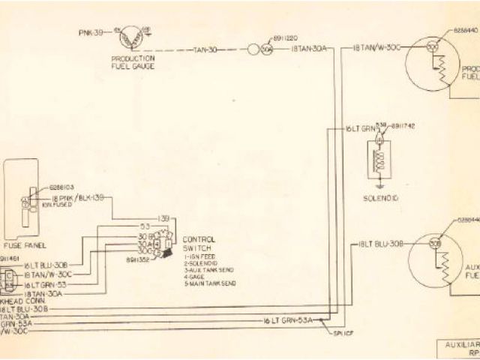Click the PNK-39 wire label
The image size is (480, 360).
[91, 34]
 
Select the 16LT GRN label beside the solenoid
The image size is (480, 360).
[358, 128]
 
